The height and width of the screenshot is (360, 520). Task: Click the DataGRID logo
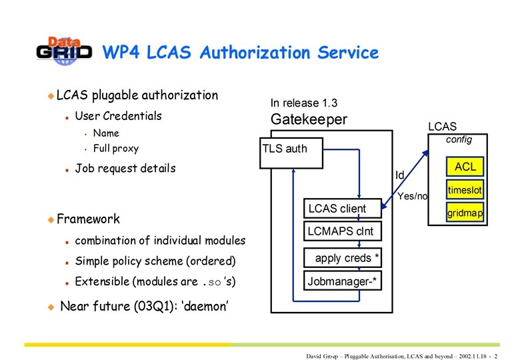click(x=64, y=51)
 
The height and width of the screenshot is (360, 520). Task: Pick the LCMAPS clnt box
click(x=341, y=232)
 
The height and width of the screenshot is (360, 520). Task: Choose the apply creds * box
click(x=342, y=257)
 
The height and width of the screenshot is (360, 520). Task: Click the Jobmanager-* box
click(x=343, y=281)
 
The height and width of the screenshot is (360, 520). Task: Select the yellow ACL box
click(x=465, y=166)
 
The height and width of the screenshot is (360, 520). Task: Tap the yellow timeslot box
click(x=465, y=190)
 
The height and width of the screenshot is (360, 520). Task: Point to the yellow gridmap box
click(x=465, y=213)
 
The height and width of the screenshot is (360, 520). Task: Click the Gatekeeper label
click(x=309, y=120)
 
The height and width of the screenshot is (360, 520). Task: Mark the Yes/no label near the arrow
click(x=412, y=197)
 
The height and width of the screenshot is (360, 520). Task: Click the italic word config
click(x=459, y=139)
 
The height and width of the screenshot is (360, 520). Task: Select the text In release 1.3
click(x=303, y=103)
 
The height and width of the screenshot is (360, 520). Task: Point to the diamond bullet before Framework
click(x=50, y=219)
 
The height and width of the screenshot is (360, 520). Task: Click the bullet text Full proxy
click(x=116, y=148)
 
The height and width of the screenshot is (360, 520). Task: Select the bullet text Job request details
click(x=125, y=168)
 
